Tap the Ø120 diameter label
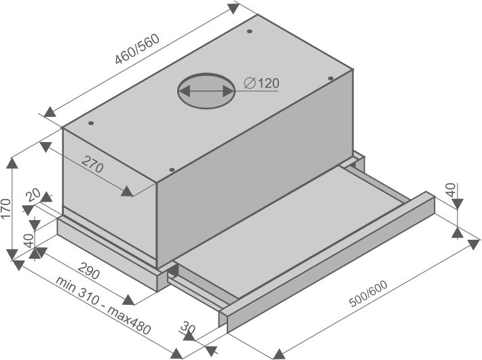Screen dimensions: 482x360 tap(261, 83)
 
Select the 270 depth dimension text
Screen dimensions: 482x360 tap(92, 164)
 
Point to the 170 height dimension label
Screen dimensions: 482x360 tap(6, 209)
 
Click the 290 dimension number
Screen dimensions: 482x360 tap(88, 270)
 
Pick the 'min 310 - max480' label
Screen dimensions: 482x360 tap(104, 306)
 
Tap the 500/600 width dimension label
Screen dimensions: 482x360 tap(369, 293)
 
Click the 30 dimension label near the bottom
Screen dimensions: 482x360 tap(188, 327)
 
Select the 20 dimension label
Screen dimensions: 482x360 tap(33, 195)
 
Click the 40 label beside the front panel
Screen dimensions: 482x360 tap(451, 190)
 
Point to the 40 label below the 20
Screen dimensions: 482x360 tap(29, 240)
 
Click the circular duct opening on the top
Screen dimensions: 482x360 tap(206, 91)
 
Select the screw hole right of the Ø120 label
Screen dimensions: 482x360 tap(331, 78)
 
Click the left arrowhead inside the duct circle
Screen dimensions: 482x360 tap(184, 91)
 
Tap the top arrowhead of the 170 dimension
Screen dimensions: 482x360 tap(12, 163)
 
